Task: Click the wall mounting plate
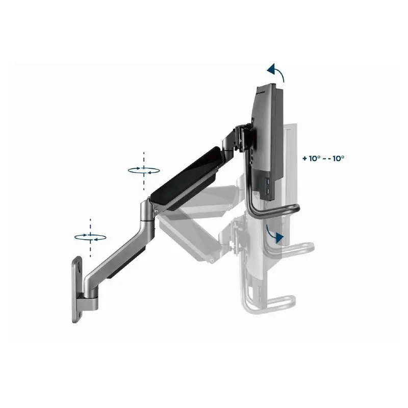click(x=78, y=291)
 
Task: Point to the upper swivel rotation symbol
click(x=144, y=170)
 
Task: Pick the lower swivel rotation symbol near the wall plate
click(x=90, y=237)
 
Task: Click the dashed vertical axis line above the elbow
click(x=144, y=156)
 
